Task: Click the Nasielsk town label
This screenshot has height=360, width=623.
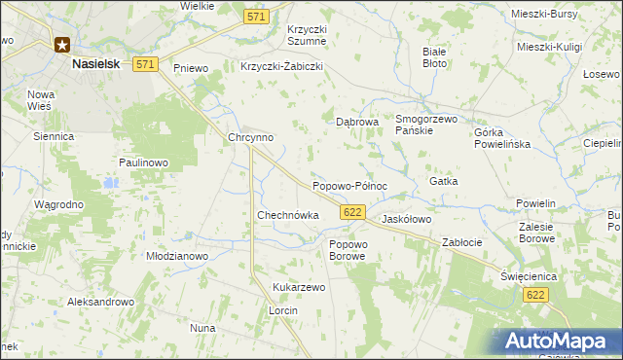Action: click(96, 63)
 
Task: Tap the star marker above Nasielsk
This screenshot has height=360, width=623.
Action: click(62, 44)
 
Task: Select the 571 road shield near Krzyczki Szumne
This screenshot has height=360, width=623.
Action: click(256, 17)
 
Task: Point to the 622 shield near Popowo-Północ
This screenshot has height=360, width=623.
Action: click(353, 212)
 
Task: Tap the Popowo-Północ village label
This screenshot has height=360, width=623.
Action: click(349, 186)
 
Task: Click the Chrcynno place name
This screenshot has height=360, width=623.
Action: click(250, 138)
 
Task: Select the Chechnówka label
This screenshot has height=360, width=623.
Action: click(287, 215)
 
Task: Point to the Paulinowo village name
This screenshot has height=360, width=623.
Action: click(144, 162)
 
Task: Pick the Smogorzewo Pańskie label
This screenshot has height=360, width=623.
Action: click(426, 124)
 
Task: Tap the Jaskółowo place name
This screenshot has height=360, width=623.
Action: click(406, 220)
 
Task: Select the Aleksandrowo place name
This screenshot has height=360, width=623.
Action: click(99, 303)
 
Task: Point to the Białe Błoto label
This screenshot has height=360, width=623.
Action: click(434, 56)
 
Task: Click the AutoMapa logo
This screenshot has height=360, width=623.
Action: click(558, 342)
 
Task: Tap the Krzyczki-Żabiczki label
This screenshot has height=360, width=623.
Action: click(280, 67)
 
